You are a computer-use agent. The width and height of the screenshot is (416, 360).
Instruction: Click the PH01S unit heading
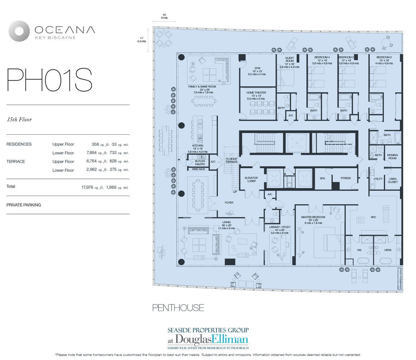pyautogui.click(x=49, y=80)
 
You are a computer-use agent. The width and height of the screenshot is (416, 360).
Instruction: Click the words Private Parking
pyautogui.click(x=23, y=205)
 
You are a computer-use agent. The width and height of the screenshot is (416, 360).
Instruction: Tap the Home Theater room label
pyautogui.click(x=256, y=93)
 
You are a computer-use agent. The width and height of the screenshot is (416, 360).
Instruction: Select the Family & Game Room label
pyautogui.click(x=202, y=87)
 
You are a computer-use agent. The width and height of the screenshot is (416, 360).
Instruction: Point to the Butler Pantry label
pyautogui.click(x=200, y=162)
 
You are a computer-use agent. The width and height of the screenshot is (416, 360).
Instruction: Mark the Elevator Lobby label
pyautogui.click(x=251, y=179)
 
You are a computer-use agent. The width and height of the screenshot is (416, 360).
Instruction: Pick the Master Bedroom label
pyautogui.click(x=311, y=217)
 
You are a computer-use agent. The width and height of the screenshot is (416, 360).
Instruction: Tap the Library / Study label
pyautogui.click(x=279, y=227)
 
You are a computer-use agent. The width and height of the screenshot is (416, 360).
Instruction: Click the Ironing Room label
pyautogui.click(x=392, y=157)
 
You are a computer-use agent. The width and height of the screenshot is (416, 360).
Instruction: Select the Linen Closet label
pyautogui.click(x=393, y=180)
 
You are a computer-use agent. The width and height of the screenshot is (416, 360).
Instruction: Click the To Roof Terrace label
pyautogui.click(x=231, y=160)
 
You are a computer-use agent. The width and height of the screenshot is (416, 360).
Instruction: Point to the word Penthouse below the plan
pyautogui.click(x=178, y=308)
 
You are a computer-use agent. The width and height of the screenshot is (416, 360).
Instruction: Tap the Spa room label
pyautogui.click(x=322, y=178)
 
